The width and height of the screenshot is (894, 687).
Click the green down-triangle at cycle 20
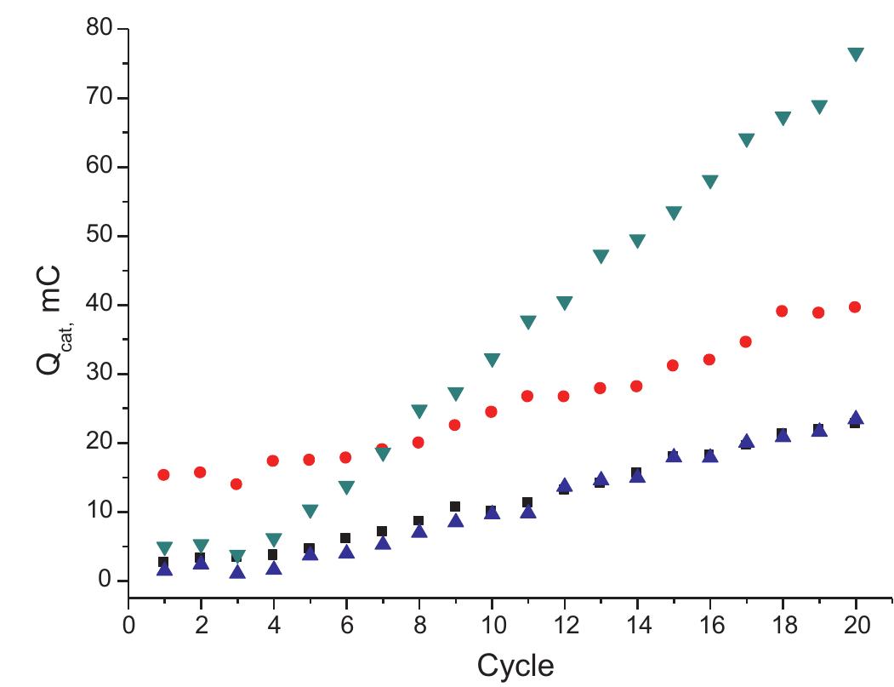coord(855,54)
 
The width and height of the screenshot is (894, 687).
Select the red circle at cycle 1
coord(164,475)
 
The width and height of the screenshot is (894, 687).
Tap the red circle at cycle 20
coord(855,307)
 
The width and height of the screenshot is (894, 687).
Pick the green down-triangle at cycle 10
coord(492,360)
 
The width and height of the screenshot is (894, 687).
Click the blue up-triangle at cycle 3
coord(237,571)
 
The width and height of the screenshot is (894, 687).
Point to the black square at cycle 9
coord(455,507)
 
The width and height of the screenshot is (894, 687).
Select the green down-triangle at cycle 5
coord(310,511)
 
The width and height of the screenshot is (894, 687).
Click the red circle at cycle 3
coord(236,484)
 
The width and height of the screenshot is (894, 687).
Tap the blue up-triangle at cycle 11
coord(527,511)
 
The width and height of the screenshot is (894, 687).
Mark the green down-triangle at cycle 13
coord(601,256)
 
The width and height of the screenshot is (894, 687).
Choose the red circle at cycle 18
coord(782,311)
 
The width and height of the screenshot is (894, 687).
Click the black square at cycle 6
coord(345,538)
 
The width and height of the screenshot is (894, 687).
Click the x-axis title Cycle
coord(515,665)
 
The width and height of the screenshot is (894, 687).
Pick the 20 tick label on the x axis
coord(855,624)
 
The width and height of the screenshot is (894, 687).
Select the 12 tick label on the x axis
coord(564,624)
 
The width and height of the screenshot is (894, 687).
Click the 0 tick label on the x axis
coord(128,624)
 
